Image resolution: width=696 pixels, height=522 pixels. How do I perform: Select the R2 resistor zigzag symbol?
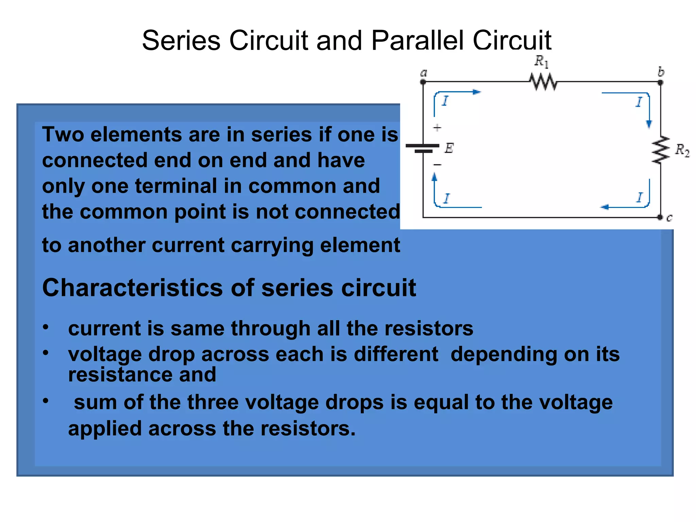point(660,150)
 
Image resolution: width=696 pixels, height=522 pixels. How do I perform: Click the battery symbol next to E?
point(423,148)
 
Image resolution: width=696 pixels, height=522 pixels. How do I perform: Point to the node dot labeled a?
point(423,82)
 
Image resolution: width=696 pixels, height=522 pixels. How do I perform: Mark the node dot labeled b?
point(660,82)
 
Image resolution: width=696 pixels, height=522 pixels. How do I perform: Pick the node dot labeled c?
point(660,217)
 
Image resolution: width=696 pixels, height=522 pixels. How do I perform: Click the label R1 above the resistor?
point(541,62)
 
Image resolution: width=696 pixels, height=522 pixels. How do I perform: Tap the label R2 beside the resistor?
point(682,150)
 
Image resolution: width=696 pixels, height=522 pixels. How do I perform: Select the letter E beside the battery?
point(449,148)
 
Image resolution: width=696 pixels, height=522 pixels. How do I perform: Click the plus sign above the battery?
point(437,128)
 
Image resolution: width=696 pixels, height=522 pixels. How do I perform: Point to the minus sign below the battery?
point(437,165)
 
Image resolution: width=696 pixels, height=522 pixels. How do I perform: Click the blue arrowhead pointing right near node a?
point(477,92)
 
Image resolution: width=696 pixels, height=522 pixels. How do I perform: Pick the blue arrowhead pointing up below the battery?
point(434,177)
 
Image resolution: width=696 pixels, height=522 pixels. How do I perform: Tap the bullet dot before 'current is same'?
point(46,327)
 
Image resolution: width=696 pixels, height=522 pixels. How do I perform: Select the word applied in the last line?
point(104,429)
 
